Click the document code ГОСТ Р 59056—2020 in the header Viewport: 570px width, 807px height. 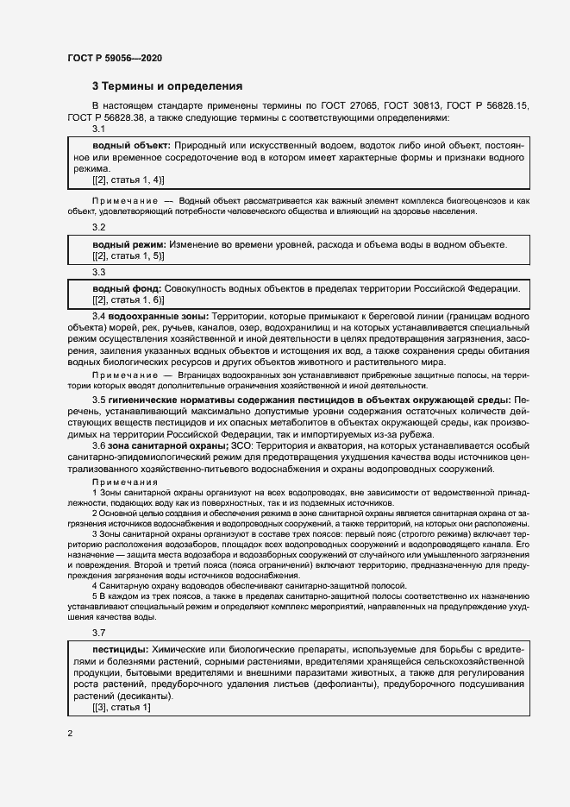click(x=115, y=58)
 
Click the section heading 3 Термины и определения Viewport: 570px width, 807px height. click(x=167, y=86)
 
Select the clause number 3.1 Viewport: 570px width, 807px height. click(x=98, y=129)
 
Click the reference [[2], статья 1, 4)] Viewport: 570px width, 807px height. click(x=128, y=180)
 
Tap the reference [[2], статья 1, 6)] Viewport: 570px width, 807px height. click(x=128, y=299)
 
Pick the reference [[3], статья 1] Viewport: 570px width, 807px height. click(x=121, y=708)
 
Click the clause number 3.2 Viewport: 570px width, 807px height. click(x=98, y=227)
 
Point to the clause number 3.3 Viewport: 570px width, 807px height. click(x=98, y=271)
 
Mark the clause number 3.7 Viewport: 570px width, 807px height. click(x=98, y=633)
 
